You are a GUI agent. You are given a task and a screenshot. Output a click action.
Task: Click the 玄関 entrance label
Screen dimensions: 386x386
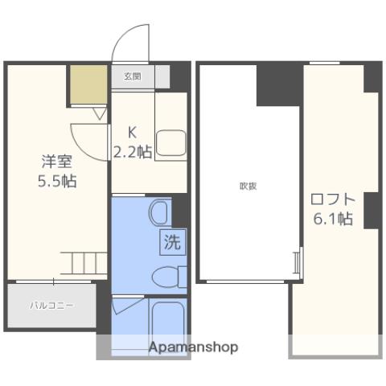pyautogui.click(x=132, y=77)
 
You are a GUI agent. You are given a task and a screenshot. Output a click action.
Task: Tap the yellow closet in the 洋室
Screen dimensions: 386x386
pyautogui.click(x=88, y=84)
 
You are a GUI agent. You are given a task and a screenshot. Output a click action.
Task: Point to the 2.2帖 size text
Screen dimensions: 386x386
pyautogui.click(x=133, y=151)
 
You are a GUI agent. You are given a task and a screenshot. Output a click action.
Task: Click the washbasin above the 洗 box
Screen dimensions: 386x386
pyautogui.click(x=158, y=213)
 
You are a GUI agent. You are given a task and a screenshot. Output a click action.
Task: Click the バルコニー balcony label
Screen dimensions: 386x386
pyautogui.click(x=52, y=306)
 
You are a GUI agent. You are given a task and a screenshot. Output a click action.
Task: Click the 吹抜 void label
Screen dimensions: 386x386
pyautogui.click(x=248, y=186)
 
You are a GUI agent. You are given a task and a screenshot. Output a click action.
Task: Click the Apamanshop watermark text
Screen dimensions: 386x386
pyautogui.click(x=193, y=347)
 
